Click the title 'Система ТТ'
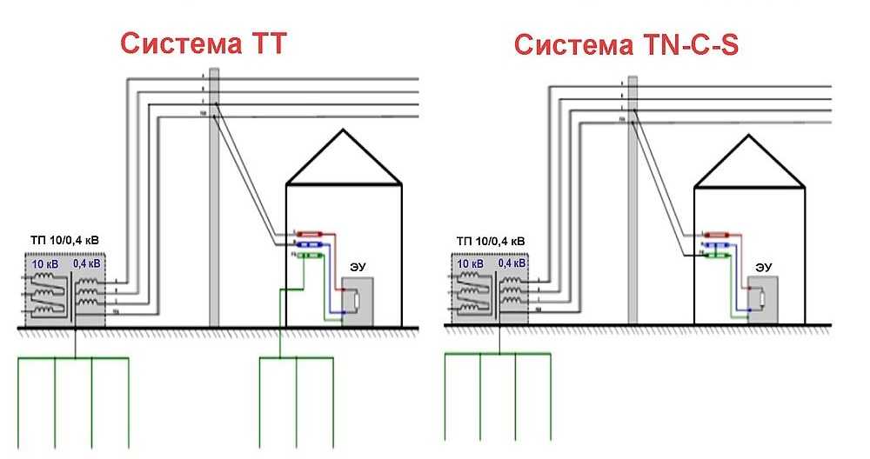tap(201, 43)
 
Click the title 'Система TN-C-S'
tap(626, 43)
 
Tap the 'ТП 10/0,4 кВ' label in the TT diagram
tap(64, 241)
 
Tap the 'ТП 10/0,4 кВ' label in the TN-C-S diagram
tap(491, 241)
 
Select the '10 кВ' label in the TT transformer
tap(46, 263)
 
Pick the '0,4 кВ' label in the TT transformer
tap(86, 263)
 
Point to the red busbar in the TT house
tap(311, 233)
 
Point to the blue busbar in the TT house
tap(311, 244)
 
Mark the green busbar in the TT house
tap(311, 256)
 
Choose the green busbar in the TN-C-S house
tap(718, 256)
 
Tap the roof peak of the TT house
tap(345, 132)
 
